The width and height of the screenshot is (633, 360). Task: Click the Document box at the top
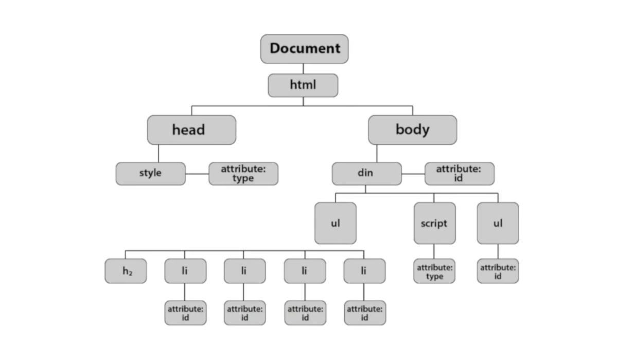[304, 49]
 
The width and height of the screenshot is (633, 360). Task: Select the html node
[303, 85]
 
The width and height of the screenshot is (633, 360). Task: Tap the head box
[191, 130]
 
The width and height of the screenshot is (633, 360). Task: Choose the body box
[412, 130]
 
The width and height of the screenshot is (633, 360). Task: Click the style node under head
[150, 174]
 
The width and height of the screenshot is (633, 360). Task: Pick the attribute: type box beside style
[243, 174]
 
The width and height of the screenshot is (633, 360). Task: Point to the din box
[366, 174]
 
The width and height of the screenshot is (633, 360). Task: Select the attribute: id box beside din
[459, 174]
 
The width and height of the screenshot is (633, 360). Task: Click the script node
[434, 223]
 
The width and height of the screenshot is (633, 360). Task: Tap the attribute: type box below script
[434, 271]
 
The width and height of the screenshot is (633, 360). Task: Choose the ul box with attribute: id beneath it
[498, 223]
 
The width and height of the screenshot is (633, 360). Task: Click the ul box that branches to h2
[335, 223]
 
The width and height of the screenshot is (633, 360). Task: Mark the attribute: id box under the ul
[498, 271]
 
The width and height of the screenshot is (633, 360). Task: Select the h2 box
[126, 271]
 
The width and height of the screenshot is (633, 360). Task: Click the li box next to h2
[185, 271]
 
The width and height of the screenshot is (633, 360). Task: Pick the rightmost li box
[364, 271]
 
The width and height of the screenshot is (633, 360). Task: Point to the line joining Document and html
[303, 68]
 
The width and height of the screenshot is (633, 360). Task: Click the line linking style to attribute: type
[197, 174]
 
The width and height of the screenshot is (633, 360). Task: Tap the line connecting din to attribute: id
[413, 174]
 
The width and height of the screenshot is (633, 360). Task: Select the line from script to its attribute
[434, 251]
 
